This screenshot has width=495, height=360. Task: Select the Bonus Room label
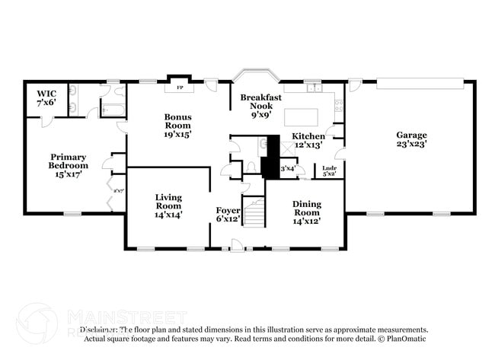[x=179, y=121]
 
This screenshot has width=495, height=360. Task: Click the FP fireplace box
[x=180, y=88]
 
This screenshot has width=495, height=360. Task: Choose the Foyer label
[x=228, y=209]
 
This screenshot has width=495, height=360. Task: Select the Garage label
[x=411, y=135]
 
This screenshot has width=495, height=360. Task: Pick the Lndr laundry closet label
[x=329, y=167]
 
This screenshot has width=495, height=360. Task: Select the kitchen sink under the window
[x=314, y=89]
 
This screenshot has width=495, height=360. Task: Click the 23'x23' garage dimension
[x=411, y=144]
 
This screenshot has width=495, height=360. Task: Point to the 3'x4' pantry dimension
[x=288, y=168]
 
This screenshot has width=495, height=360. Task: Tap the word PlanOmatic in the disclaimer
[x=406, y=339]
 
